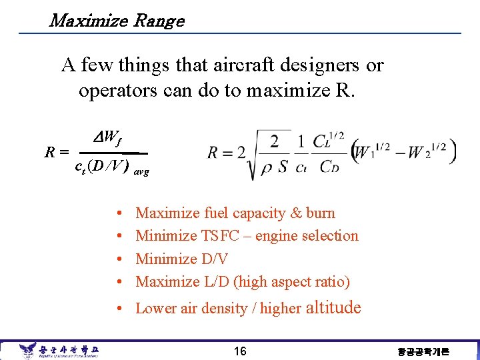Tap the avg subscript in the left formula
141,171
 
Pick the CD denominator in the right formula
329,167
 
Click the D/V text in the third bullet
213,259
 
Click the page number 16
239,351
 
